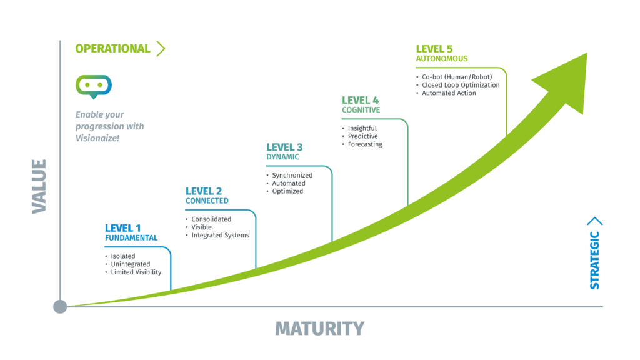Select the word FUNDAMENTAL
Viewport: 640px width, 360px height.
[131, 238]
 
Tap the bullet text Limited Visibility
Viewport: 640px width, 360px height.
[136, 272]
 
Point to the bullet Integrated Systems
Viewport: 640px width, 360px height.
[220, 236]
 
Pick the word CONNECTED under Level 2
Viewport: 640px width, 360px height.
[207, 201]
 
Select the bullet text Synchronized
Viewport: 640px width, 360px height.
[292, 175]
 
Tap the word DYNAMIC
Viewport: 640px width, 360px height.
[282, 157]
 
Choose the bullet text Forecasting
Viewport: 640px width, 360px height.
[365, 144]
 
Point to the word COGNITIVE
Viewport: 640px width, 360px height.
[361, 110]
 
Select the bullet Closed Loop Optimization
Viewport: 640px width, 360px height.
[461, 85]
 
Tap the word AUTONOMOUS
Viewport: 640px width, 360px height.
[441, 59]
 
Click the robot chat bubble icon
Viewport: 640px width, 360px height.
[94, 86]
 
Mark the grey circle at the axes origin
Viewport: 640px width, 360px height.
[60, 306]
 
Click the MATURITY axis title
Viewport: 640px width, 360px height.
[319, 329]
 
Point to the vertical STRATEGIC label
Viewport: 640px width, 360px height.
[595, 260]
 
